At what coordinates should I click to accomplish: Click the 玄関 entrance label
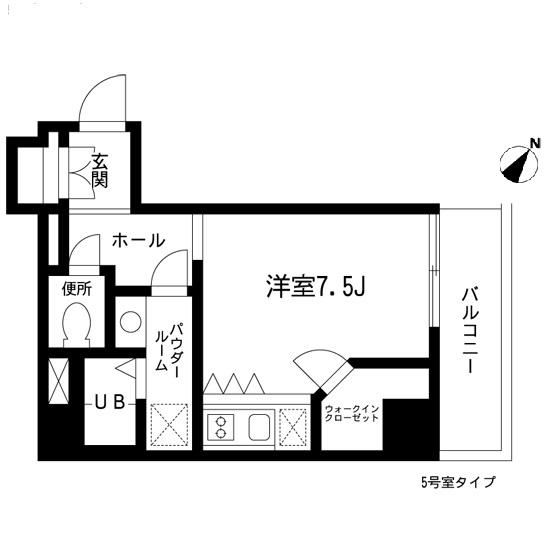(100, 170)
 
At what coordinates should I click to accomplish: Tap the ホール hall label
(139, 241)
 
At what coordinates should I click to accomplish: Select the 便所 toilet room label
(77, 290)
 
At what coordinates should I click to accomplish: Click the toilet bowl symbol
(77, 322)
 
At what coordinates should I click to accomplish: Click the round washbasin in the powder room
(129, 321)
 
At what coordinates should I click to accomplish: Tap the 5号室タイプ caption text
(457, 481)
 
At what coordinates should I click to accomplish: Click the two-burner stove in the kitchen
(219, 427)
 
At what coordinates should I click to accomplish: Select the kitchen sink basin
(257, 427)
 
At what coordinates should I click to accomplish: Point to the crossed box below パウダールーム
(168, 425)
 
